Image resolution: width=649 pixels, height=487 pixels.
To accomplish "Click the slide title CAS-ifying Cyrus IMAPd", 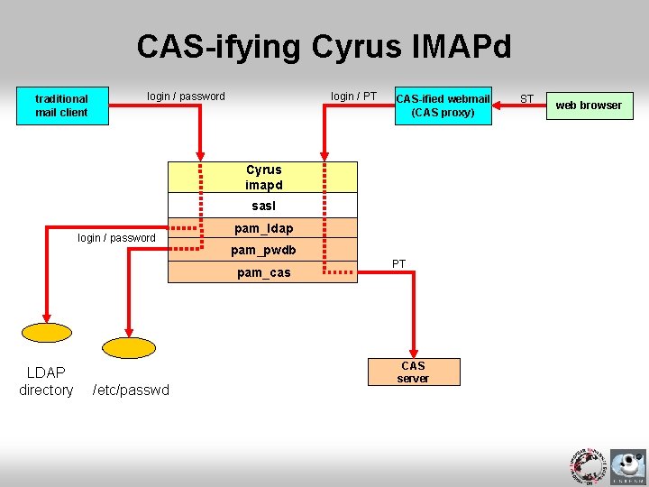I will pyautogui.click(x=324, y=46).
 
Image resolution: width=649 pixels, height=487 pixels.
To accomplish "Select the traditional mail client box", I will pyautogui.click(x=62, y=106).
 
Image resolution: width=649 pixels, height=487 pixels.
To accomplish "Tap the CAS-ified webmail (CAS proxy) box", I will pyautogui.click(x=443, y=106).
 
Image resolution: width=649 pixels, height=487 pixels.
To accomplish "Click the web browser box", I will pyautogui.click(x=588, y=106).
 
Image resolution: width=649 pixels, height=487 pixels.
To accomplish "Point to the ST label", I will pyautogui.click(x=527, y=98).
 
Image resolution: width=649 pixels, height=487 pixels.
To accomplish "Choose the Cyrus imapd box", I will pyautogui.click(x=263, y=177).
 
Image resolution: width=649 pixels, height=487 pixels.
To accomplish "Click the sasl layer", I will pyautogui.click(x=263, y=206).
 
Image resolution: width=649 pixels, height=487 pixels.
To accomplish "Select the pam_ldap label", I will pyautogui.click(x=263, y=229).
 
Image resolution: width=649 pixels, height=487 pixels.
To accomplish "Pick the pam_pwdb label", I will pyautogui.click(x=263, y=250).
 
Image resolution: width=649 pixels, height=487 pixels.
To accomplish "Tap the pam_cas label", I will pyautogui.click(x=263, y=272).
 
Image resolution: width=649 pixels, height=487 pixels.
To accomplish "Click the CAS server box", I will pyautogui.click(x=413, y=372).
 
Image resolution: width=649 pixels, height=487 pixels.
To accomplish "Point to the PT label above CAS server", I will pyautogui.click(x=398, y=263).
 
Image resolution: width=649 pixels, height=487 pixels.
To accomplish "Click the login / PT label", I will pyautogui.click(x=353, y=96).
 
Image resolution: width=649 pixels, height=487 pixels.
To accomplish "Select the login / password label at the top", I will pyautogui.click(x=186, y=96).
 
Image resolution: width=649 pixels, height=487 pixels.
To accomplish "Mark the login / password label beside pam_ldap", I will pyautogui.click(x=116, y=238).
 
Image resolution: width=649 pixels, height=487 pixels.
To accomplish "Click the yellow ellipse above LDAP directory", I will pyautogui.click(x=47, y=331).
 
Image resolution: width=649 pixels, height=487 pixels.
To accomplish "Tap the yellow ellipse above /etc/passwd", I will pyautogui.click(x=129, y=347).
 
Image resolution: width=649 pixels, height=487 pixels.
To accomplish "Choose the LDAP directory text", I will pyautogui.click(x=46, y=381).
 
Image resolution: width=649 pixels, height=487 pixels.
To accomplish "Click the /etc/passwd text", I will pyautogui.click(x=131, y=391).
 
